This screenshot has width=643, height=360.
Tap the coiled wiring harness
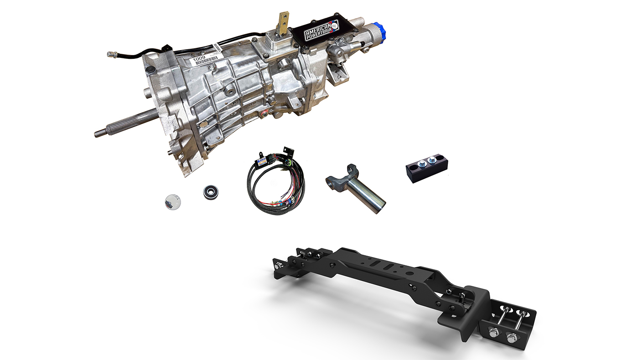[x=273, y=187]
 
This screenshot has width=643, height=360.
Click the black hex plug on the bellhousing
[x=150, y=70]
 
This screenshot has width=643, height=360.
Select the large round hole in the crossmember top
[x=410, y=274]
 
